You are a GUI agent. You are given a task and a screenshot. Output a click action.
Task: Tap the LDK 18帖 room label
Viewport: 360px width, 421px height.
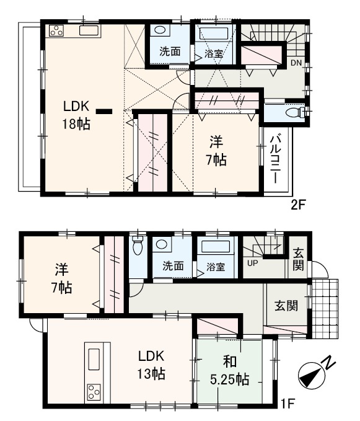(76, 114)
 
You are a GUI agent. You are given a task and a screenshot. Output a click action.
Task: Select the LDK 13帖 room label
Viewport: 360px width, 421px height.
(151, 365)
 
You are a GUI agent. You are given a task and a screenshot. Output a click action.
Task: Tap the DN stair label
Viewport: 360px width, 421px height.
(296, 63)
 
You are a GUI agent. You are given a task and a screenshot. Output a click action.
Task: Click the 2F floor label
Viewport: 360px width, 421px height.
(299, 205)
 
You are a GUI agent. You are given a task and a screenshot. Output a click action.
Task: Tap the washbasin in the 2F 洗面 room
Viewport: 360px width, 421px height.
(159, 30)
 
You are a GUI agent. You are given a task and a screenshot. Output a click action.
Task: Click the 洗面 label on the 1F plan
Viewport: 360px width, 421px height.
(173, 267)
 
